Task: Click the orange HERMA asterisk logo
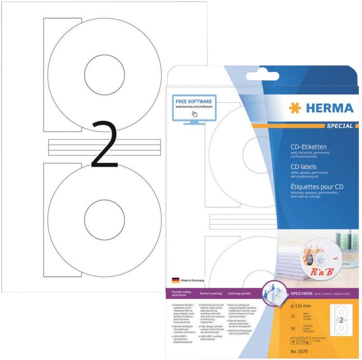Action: pyautogui.click(x=294, y=108)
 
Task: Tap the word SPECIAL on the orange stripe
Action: pyautogui.click(x=339, y=126)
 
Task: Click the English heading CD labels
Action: pyautogui.click(x=303, y=167)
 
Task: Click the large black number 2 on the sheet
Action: pyautogui.click(x=105, y=145)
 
